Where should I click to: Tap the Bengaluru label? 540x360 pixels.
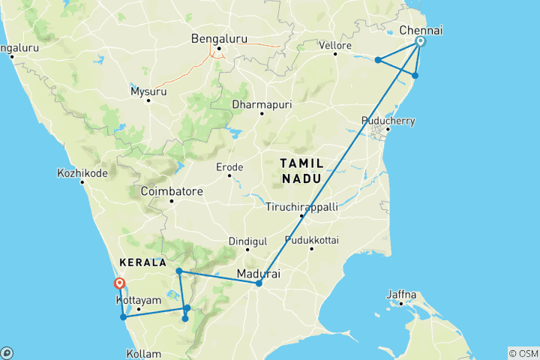pyautogui.click(x=218, y=38)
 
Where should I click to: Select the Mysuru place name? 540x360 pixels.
pyautogui.click(x=148, y=91)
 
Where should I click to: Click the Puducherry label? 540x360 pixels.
pyautogui.click(x=388, y=121)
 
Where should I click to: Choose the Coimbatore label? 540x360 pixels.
pyautogui.click(x=172, y=191)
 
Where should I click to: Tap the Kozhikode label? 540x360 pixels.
pyautogui.click(x=83, y=172)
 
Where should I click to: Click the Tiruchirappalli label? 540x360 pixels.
pyautogui.click(x=301, y=206)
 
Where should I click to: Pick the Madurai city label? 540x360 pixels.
pyautogui.click(x=258, y=274)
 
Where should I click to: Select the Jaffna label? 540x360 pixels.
pyautogui.click(x=401, y=295)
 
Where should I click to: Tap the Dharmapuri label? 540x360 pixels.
pyautogui.click(x=261, y=103)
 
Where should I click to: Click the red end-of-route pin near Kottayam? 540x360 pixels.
pyautogui.click(x=118, y=283)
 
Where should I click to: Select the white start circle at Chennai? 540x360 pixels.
pyautogui.click(x=421, y=42)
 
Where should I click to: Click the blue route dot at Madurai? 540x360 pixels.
pyautogui.click(x=259, y=283)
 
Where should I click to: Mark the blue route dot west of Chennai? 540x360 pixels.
pyautogui.click(x=379, y=60)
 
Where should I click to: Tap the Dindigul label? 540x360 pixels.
pyautogui.click(x=247, y=241)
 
